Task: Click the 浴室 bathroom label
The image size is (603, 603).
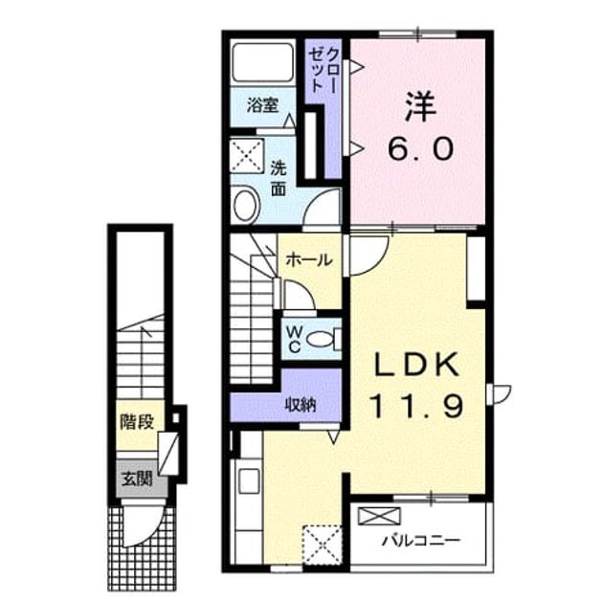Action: click(x=262, y=105)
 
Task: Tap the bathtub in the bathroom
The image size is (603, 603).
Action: click(x=262, y=62)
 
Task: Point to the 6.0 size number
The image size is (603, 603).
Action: click(x=421, y=149)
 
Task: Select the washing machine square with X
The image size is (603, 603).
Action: click(x=247, y=156)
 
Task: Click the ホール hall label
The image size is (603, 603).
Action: click(x=309, y=260)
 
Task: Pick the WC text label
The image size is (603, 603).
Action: click(x=294, y=339)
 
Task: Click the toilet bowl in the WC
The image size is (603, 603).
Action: click(x=321, y=339)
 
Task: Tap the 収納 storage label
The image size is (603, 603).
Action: click(x=300, y=404)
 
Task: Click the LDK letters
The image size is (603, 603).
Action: click(x=417, y=364)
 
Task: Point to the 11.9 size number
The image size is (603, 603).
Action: click(x=416, y=407)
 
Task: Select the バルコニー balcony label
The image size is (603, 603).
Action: click(x=421, y=541)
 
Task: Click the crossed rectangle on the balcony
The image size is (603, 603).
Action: click(x=379, y=516)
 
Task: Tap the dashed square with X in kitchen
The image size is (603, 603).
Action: click(x=323, y=546)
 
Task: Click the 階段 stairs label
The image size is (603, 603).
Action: click(x=137, y=421)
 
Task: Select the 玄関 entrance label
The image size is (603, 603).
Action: click(x=137, y=480)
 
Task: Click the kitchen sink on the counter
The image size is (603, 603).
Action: click(x=249, y=480)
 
